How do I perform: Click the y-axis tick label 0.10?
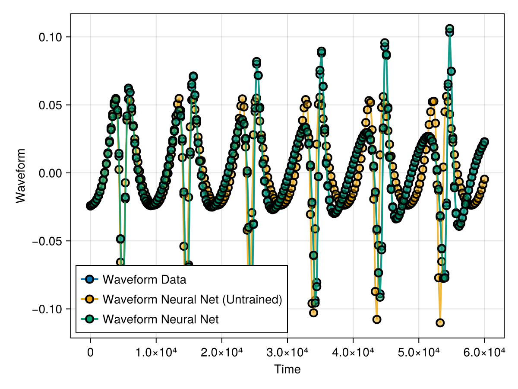click(x=51, y=37)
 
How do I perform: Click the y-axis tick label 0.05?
click(x=51, y=105)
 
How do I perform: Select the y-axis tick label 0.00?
click(x=51, y=173)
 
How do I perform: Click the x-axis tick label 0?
click(x=90, y=353)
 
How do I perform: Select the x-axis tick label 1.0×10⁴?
click(x=156, y=353)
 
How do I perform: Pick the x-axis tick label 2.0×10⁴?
click(x=222, y=353)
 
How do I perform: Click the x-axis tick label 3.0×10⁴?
click(x=287, y=353)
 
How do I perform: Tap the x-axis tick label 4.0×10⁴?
click(x=353, y=353)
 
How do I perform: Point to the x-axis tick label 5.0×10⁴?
click(x=419, y=353)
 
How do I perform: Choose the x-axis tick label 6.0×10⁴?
click(x=484, y=353)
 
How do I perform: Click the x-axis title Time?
click(x=287, y=369)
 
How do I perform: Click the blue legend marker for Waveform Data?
click(x=89, y=279)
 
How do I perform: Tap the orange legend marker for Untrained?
click(x=89, y=299)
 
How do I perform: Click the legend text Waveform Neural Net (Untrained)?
click(x=192, y=299)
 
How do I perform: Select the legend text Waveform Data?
click(x=144, y=279)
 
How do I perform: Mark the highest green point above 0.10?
click(x=449, y=29)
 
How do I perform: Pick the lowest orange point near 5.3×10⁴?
click(x=440, y=322)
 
